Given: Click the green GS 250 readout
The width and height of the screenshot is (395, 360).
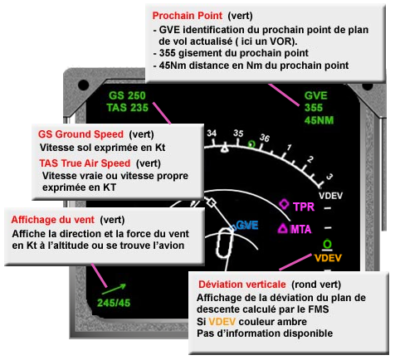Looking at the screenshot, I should [126, 95].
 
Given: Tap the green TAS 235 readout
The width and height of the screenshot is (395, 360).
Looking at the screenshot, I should [127, 107].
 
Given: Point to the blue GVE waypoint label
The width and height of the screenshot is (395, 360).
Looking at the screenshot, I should [246, 225].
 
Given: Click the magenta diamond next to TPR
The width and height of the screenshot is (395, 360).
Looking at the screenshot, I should [284, 204].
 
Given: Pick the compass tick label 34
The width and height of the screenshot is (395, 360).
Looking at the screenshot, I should [212, 133].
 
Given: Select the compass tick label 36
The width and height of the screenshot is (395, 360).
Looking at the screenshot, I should [265, 138].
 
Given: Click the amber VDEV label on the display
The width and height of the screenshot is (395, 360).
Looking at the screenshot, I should [329, 257].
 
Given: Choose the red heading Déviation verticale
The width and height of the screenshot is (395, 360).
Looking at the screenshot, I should [241, 285].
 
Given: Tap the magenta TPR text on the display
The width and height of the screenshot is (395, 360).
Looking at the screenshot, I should [305, 205].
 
